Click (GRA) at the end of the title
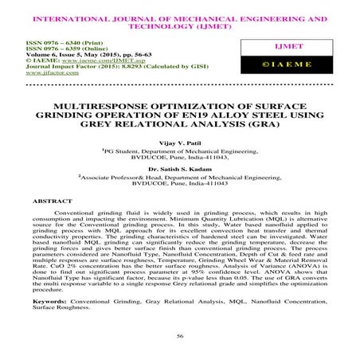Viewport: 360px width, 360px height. point(250,124)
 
